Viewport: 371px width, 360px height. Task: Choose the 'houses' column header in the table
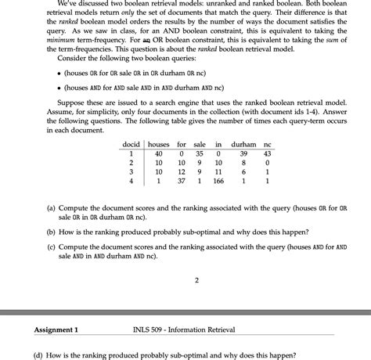[158, 145]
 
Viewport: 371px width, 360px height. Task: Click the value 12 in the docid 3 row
[181, 172]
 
